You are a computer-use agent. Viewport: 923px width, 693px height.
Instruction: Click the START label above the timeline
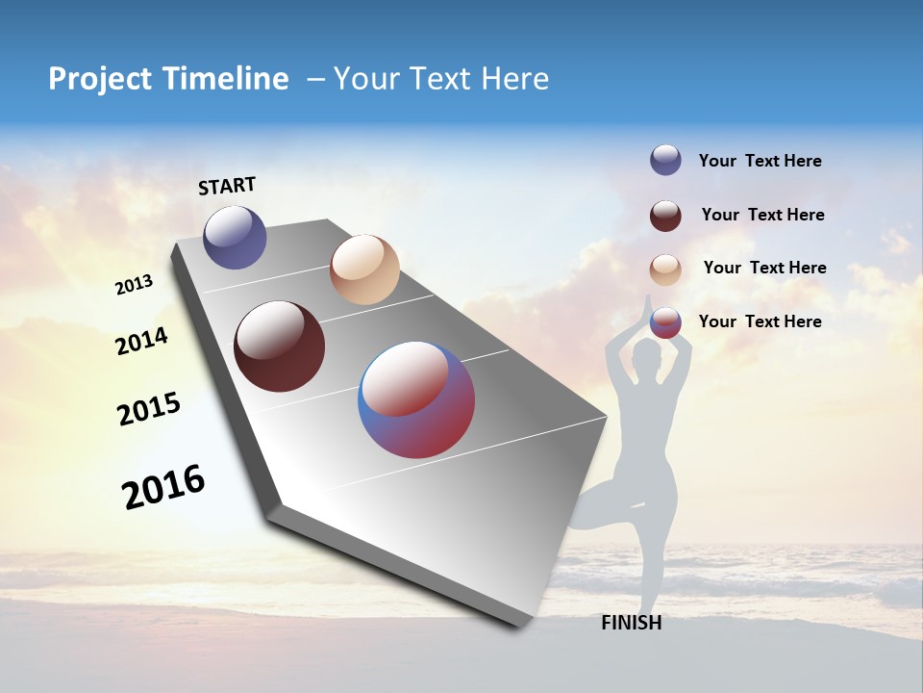coord(227,186)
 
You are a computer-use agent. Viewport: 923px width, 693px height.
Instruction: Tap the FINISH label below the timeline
coord(631,623)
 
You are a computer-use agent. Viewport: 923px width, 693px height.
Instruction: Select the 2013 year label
coord(134,285)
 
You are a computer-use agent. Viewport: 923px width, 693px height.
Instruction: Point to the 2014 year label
coord(141,341)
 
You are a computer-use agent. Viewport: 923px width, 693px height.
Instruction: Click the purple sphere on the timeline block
coord(235,237)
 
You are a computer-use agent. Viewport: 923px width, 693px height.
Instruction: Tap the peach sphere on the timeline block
coord(364,269)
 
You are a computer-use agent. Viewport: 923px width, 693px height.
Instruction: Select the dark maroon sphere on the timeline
coord(279,346)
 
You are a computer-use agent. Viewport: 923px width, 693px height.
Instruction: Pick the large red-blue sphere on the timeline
coord(416,399)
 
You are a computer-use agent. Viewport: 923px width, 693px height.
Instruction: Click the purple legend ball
coord(665,160)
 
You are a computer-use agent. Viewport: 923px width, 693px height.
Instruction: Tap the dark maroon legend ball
coord(665,215)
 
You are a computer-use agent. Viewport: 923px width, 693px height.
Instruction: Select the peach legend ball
coord(665,269)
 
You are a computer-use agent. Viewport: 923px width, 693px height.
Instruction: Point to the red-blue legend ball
coord(665,322)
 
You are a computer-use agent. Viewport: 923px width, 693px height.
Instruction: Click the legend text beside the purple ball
coord(760,161)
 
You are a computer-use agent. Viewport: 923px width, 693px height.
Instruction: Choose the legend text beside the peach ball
coord(764,268)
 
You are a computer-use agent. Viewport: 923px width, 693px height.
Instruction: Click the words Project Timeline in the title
coord(168,79)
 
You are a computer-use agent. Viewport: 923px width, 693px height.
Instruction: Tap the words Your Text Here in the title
coord(440,79)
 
